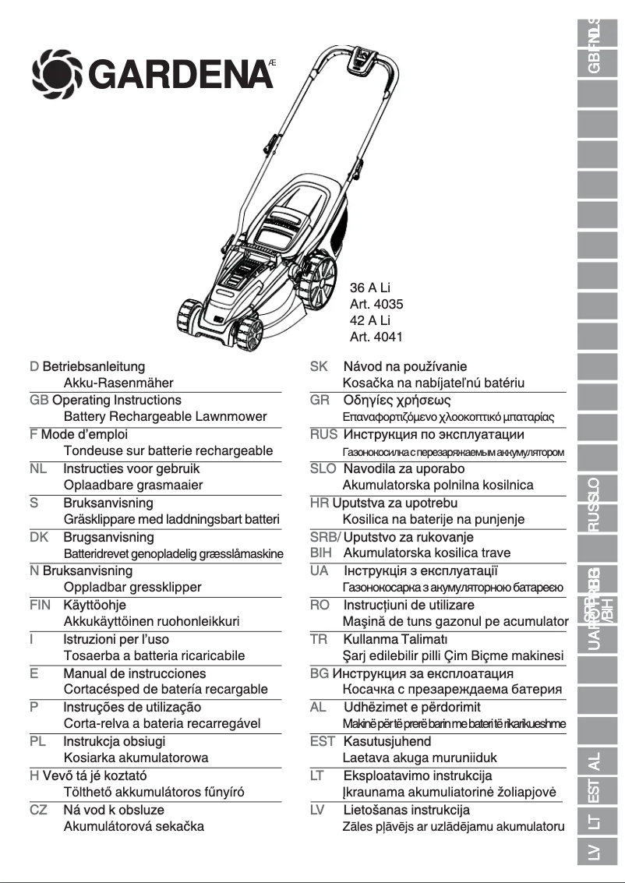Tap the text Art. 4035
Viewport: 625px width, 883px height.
pyautogui.click(x=376, y=305)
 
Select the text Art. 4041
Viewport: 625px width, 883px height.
pyautogui.click(x=376, y=337)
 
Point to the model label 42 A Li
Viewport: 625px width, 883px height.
pyautogui.click(x=370, y=321)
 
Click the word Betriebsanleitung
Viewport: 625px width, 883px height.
pyautogui.click(x=94, y=366)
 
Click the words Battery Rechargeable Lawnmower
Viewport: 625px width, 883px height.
pyautogui.click(x=165, y=417)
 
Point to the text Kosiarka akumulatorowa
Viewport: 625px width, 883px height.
pyautogui.click(x=136, y=758)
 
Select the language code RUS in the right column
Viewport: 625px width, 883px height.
pyautogui.click(x=323, y=435)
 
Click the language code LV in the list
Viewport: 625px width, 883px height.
pyautogui.click(x=318, y=810)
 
